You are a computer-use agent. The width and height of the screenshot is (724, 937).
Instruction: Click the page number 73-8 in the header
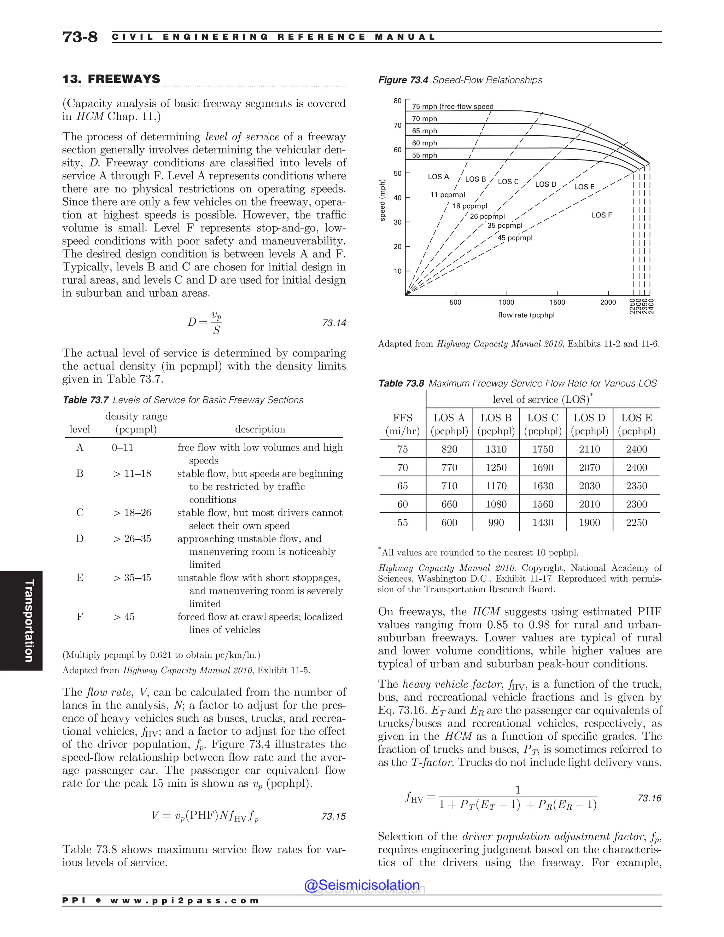(80, 37)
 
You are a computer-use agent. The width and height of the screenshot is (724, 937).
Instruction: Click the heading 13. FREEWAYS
(111, 79)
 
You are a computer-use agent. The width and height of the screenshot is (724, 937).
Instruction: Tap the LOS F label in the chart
(601, 215)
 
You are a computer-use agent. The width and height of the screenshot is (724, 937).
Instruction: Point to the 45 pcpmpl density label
(515, 238)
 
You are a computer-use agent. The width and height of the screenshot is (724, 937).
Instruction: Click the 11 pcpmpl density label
(447, 195)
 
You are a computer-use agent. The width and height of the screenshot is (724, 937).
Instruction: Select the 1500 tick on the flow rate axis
(557, 302)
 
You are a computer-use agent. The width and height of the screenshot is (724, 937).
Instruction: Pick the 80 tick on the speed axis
(398, 101)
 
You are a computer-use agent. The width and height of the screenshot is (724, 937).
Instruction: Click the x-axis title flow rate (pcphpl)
(526, 315)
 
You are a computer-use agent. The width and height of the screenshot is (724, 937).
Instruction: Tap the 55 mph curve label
(424, 155)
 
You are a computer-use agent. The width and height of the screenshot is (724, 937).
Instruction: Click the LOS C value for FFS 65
(543, 486)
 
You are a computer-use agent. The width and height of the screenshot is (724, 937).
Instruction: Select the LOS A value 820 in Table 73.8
(449, 449)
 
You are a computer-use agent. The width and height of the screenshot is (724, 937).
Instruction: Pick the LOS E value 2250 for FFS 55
(636, 523)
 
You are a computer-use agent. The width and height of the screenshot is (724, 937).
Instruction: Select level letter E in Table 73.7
(80, 577)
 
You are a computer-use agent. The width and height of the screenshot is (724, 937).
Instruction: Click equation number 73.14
(334, 323)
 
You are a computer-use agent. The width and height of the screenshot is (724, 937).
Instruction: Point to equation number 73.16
(649, 798)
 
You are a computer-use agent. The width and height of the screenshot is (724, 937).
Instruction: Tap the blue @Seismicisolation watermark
(362, 885)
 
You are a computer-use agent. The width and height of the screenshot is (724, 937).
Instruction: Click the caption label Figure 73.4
(403, 80)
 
